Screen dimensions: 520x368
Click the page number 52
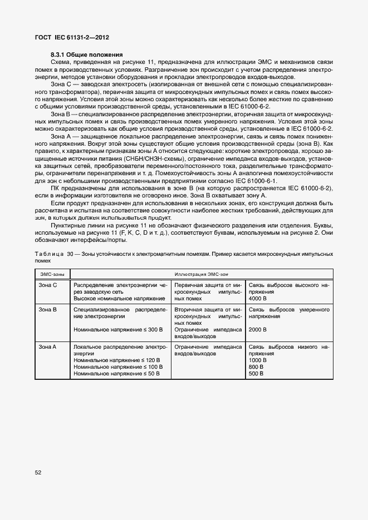[38, 473]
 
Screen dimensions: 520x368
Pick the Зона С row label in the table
[48, 285]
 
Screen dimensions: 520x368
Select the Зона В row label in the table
[48, 309]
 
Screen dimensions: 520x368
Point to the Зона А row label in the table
[48, 346]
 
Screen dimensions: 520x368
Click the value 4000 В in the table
[258, 298]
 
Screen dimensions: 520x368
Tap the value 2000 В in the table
[258, 329]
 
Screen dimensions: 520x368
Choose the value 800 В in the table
[256, 367]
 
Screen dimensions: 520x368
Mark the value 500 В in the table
[256, 374]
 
